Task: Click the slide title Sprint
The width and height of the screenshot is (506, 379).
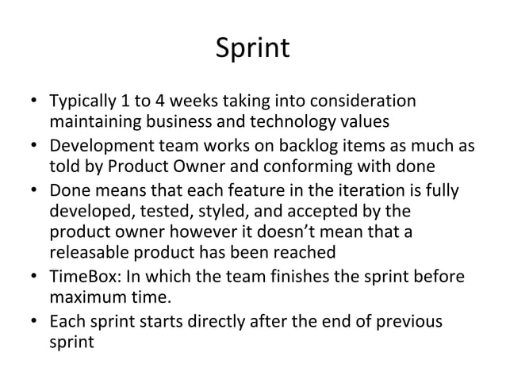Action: tap(253, 50)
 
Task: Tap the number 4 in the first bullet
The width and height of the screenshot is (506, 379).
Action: tap(160, 103)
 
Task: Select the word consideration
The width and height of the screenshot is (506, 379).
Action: tap(366, 103)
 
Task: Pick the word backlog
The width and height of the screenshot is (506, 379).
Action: tap(296, 147)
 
